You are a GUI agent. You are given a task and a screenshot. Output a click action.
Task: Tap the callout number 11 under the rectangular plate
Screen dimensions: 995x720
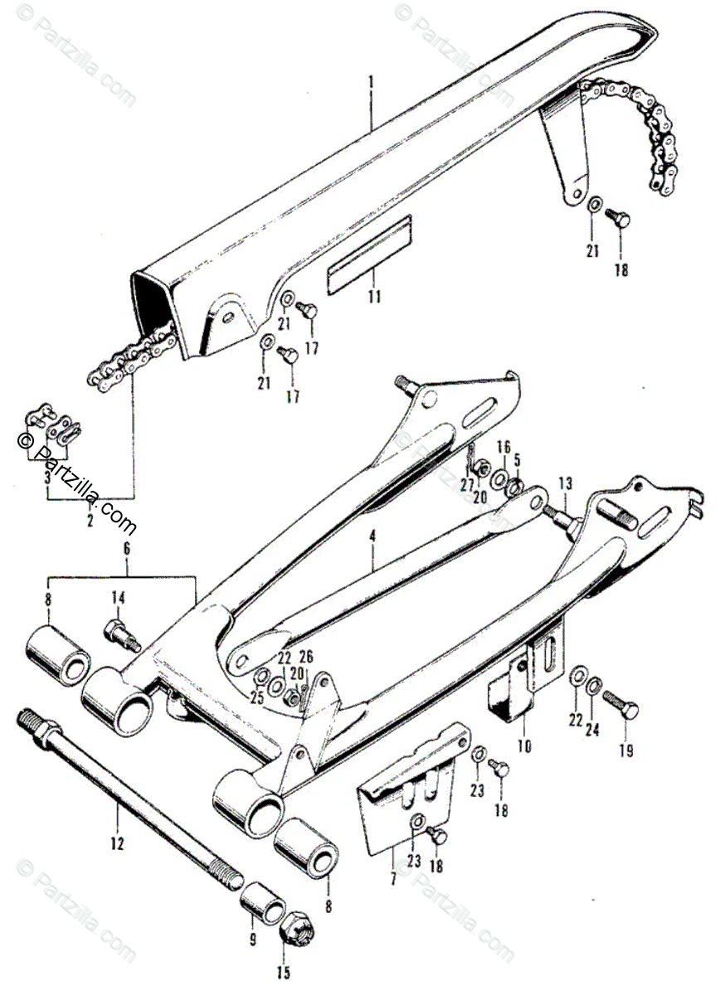tap(375, 296)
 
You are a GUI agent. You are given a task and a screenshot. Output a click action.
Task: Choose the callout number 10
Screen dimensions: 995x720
tap(523, 745)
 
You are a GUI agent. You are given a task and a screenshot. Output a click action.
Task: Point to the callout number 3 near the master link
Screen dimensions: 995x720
tap(48, 478)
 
